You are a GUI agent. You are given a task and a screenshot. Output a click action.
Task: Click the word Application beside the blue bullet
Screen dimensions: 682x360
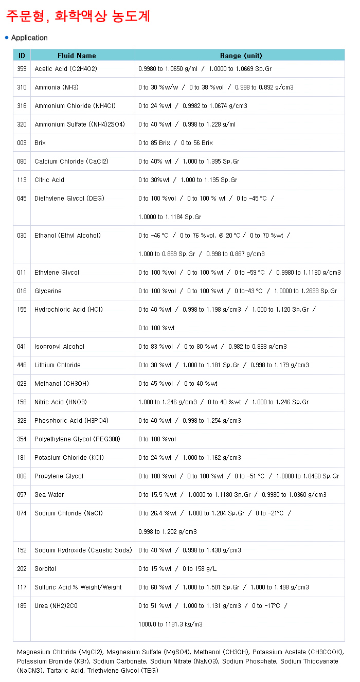pos(29,38)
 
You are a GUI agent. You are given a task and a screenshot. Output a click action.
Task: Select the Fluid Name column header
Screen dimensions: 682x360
pos(77,56)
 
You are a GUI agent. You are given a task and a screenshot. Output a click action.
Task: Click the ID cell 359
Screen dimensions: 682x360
pos(22,69)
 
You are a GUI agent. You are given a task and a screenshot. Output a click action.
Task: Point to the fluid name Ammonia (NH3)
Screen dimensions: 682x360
pos(57,87)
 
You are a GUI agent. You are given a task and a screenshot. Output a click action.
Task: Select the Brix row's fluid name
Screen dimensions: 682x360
pos(40,143)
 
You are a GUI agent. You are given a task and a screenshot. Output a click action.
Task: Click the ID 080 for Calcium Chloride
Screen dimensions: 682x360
pos(22,161)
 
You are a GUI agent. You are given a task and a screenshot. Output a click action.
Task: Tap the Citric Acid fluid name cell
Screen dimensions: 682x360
pos(49,180)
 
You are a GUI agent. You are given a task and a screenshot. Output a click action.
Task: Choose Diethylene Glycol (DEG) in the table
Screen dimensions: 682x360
pos(69,199)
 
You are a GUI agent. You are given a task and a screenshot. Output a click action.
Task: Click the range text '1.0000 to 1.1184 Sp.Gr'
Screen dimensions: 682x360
pos(170,217)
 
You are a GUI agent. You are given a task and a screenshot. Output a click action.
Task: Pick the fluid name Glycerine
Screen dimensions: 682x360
pos(48,291)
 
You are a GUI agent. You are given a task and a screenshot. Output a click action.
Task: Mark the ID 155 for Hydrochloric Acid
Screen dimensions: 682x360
pos(22,310)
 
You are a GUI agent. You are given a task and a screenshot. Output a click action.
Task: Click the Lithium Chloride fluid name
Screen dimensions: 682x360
pos(58,365)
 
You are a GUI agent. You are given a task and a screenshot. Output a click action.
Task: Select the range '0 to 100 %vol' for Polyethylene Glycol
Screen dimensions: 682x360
pos(157,439)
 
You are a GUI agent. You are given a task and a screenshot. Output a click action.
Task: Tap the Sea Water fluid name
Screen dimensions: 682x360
pos(49,495)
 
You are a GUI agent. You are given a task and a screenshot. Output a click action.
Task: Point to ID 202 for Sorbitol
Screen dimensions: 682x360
pos(22,569)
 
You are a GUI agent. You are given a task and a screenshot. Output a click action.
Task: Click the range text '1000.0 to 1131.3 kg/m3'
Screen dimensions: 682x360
pos(170,624)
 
